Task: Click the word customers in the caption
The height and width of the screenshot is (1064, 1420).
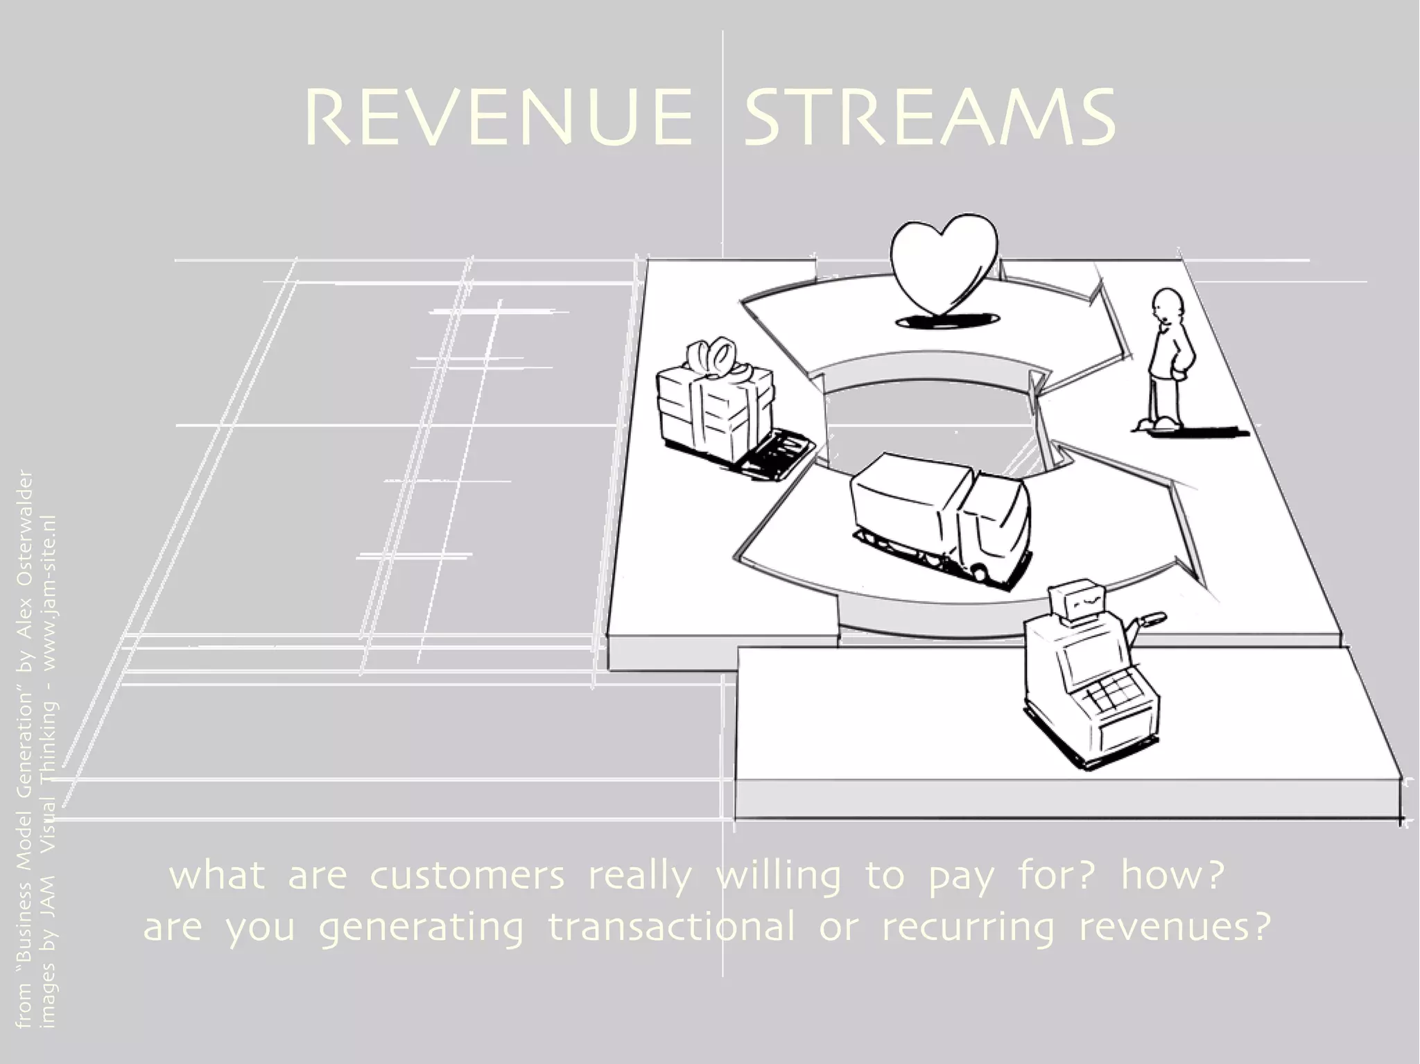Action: point(468,876)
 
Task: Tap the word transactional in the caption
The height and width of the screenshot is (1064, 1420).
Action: point(671,927)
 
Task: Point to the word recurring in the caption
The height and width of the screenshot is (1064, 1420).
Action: point(968,927)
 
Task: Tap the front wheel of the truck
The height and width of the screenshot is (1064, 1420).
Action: point(979,573)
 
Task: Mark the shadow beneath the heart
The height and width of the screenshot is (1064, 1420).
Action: point(946,319)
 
